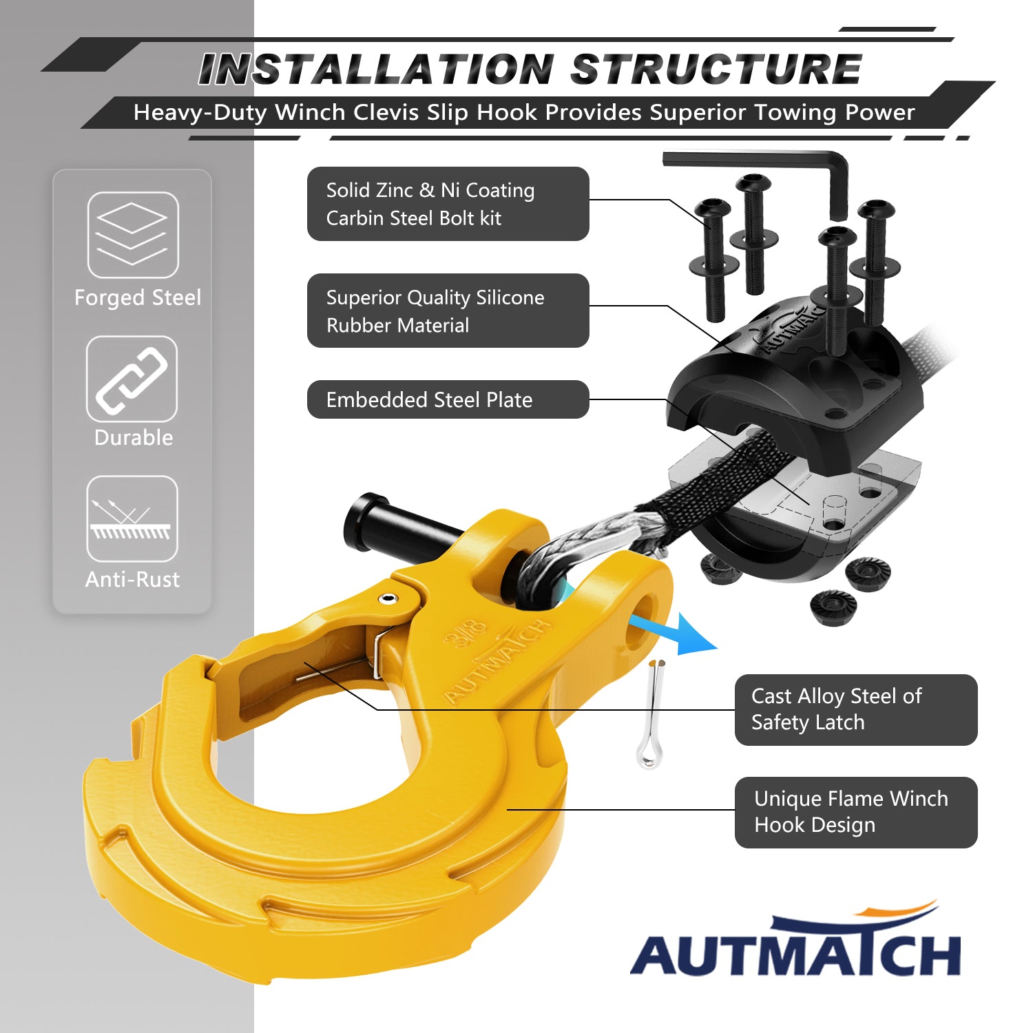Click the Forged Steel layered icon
(x=133, y=235)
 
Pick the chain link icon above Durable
(x=132, y=379)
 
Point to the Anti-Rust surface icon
(x=132, y=519)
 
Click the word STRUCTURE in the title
(x=716, y=70)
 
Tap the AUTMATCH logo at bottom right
(x=795, y=943)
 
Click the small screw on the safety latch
(x=390, y=598)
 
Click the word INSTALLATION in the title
(x=376, y=70)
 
